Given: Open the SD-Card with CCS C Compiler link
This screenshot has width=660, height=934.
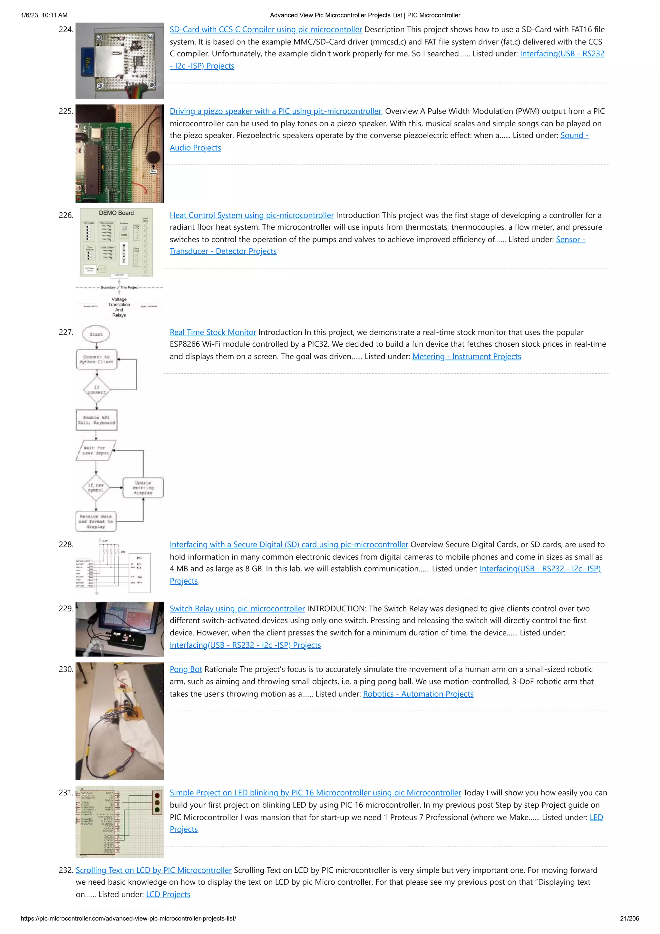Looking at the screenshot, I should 266,30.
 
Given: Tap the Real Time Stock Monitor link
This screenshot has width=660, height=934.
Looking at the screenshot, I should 213,332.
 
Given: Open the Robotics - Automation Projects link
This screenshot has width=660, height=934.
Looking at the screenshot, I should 418,694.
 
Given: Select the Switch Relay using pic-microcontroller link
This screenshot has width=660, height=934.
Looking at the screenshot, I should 237,609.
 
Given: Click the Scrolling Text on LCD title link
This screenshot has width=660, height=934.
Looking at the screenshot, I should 153,870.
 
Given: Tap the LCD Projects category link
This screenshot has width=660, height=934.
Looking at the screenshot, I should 168,895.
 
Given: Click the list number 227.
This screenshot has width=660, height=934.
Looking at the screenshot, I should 66,332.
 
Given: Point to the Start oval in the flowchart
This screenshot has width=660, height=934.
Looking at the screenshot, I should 96,334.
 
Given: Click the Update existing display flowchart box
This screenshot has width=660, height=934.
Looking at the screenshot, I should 143,488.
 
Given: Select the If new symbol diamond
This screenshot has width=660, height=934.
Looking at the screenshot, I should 96,488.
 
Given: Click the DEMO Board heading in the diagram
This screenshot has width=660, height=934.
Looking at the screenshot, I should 116,213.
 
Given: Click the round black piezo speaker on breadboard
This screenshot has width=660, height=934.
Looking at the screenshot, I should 153,157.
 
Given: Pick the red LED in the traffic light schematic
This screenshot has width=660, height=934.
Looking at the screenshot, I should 157,796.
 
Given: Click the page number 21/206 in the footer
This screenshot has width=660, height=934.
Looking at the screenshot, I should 629,919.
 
